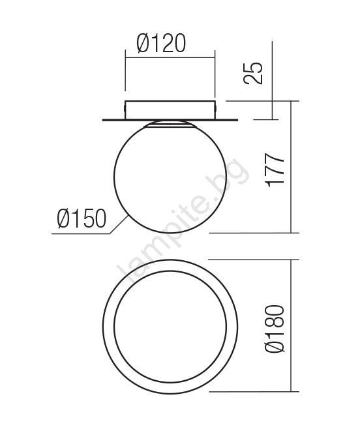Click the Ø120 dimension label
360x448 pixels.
[x=162, y=44]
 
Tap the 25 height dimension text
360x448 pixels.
[x=253, y=73]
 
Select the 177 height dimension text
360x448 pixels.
[x=275, y=171]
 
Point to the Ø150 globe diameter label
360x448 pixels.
[x=82, y=218]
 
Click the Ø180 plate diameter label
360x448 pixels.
[x=275, y=329]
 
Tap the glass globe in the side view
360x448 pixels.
[x=170, y=177]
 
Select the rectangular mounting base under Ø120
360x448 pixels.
[x=170, y=110]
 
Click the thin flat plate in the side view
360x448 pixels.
[x=170, y=120]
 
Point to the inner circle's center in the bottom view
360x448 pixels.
[x=170, y=327]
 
